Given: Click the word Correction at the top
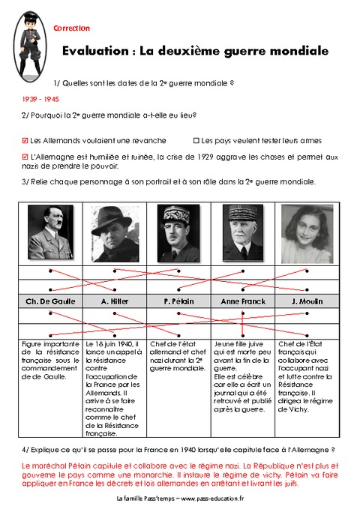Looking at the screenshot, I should (72, 28).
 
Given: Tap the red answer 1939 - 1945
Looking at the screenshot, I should (40, 98).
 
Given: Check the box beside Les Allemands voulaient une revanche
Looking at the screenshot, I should (25, 139).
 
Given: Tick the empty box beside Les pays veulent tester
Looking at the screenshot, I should (196, 139).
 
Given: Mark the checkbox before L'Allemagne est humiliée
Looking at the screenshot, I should (25, 157).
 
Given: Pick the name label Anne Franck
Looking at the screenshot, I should (242, 301).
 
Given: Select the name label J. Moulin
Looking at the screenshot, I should (307, 301).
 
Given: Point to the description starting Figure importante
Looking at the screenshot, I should (49, 361).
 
